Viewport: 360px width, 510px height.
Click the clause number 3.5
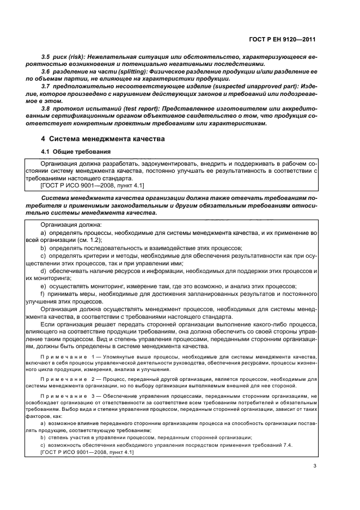46,57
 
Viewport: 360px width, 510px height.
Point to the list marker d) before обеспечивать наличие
44,270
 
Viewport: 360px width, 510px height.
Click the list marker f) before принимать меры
44,293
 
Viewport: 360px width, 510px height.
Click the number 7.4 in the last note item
288,445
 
